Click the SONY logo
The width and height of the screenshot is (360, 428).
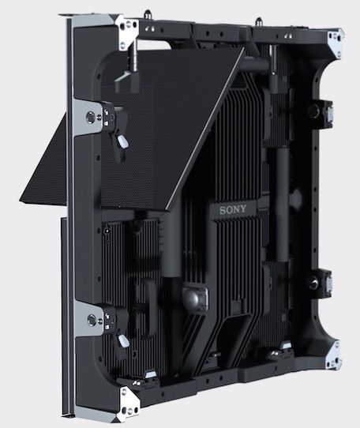[233, 209]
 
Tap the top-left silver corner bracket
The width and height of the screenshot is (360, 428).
[128, 32]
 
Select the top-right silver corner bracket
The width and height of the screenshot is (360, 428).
[336, 44]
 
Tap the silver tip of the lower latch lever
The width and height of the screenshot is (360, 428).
[124, 341]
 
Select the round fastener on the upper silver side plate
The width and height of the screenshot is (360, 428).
[91, 117]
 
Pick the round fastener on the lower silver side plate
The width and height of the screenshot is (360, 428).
[92, 320]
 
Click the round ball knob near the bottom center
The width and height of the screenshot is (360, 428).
[193, 298]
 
